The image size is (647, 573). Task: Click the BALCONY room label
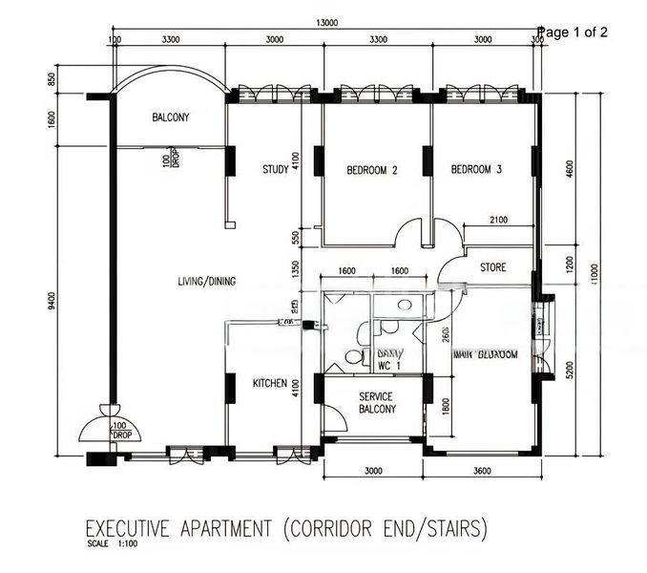pyautogui.click(x=171, y=118)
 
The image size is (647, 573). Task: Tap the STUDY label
pyautogui.click(x=276, y=170)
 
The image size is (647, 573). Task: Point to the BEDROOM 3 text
pyautogui.click(x=476, y=171)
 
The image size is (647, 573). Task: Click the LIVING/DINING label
pyautogui.click(x=206, y=282)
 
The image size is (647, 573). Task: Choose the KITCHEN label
pyautogui.click(x=270, y=383)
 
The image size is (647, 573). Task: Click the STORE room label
pyautogui.click(x=492, y=267)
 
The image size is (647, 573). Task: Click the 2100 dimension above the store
pyautogui.click(x=498, y=221)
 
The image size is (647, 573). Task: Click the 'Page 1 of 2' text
pyautogui.click(x=573, y=32)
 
